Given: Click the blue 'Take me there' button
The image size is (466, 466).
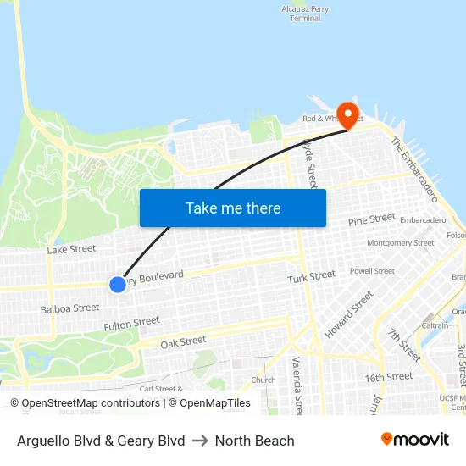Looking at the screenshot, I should point(233,208).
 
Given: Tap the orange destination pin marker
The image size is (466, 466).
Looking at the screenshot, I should point(347,115).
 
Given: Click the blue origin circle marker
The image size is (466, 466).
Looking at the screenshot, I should point(118,285).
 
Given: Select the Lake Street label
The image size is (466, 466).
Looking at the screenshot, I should point(71,249).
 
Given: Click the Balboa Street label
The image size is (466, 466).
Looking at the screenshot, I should point(69,308).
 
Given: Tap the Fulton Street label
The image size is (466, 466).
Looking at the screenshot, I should point(131,323).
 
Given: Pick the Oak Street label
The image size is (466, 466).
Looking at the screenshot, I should point(183,341).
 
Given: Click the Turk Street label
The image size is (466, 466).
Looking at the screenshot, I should point(311,277).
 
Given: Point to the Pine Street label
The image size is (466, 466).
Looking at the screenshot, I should point(371,219).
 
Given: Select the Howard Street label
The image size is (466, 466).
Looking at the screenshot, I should point(348,314).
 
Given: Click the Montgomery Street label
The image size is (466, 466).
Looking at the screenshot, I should point(400,243).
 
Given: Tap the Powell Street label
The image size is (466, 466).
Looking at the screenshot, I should point(372,271).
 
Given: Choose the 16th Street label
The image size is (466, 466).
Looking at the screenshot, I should point(388,376).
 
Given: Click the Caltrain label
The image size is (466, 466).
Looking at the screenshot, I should point(435,325).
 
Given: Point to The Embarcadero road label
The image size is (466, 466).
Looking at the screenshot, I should point(413,170).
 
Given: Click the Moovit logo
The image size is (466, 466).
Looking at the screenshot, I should point(414,439).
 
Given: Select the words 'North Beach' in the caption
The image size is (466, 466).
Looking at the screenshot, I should point(254,441).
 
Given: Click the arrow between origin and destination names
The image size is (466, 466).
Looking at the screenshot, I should point(200,441).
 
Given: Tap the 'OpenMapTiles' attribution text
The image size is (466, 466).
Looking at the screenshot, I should point(209,403).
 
